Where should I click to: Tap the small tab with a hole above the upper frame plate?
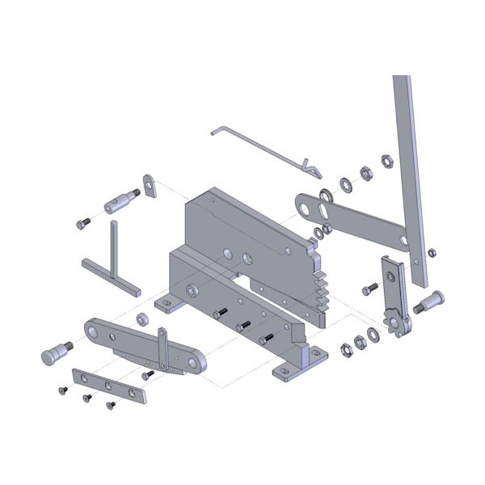click(x=150, y=185)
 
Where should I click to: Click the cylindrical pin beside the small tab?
click(x=120, y=200)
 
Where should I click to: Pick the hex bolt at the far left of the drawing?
click(x=81, y=223)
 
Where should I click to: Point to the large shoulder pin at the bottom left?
click(x=55, y=353)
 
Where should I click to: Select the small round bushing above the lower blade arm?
click(x=141, y=317)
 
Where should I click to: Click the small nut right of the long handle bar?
click(x=432, y=253)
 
